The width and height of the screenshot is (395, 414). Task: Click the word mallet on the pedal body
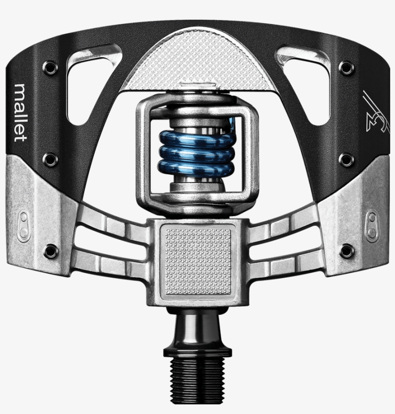point(21,113)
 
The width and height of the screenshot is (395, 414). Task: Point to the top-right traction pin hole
point(345,67)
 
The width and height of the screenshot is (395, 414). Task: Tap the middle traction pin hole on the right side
point(345,159)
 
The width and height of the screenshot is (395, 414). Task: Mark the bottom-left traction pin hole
point(49,250)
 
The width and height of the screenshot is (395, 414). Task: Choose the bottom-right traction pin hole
point(345,250)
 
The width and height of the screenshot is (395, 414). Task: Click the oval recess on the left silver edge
point(24,225)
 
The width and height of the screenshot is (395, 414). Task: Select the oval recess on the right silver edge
point(371,225)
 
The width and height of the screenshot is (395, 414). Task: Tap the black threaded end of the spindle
point(198,380)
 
